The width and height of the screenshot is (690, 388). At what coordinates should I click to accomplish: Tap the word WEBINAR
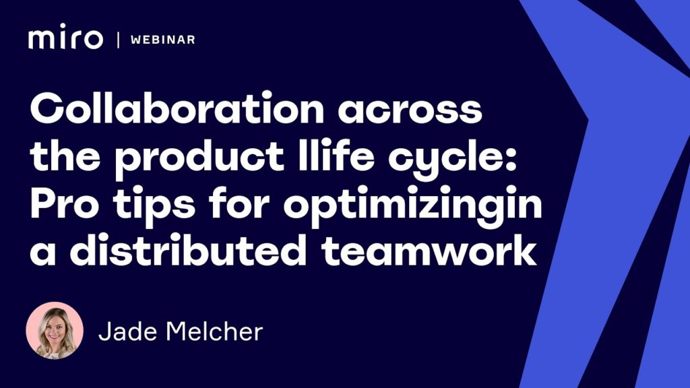coord(163,40)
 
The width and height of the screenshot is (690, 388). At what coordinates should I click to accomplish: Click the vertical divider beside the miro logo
coord(118,40)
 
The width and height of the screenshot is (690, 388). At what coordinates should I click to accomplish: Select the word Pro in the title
coord(65,205)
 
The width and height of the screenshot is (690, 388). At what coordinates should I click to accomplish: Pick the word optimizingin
coord(413,206)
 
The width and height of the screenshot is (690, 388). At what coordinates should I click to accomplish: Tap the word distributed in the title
coord(189,249)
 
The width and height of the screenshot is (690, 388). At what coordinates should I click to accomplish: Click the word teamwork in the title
coord(429,249)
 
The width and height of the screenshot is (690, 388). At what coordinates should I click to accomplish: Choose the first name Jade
coord(127,331)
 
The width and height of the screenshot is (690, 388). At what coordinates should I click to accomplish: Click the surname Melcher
coord(214,331)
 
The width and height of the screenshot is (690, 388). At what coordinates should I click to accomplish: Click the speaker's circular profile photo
coord(55,330)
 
